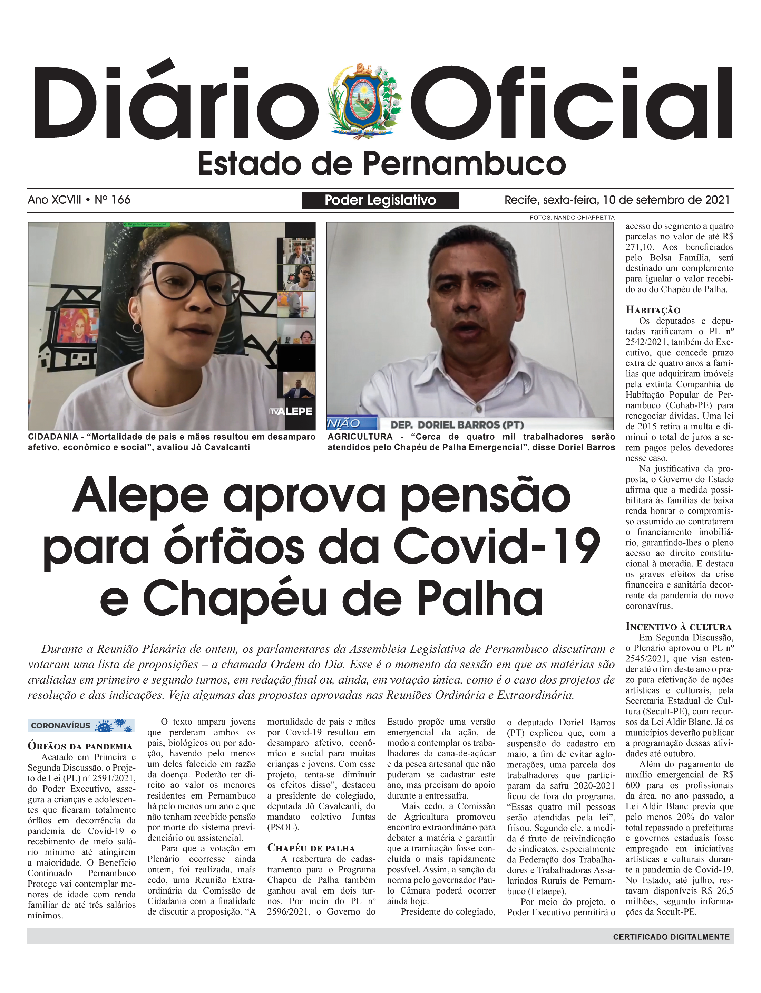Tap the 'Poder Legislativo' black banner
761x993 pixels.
[380, 200]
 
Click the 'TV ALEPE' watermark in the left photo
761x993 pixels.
[291, 411]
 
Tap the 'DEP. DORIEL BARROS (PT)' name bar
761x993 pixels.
[457, 425]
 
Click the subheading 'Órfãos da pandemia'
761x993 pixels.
[80, 746]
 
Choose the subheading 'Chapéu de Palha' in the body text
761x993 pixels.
[311, 848]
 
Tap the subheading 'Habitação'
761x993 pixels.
[653, 310]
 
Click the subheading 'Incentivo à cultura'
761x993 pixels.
[679, 627]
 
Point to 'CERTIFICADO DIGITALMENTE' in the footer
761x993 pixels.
[671, 937]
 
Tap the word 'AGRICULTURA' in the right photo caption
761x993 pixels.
[360, 437]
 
